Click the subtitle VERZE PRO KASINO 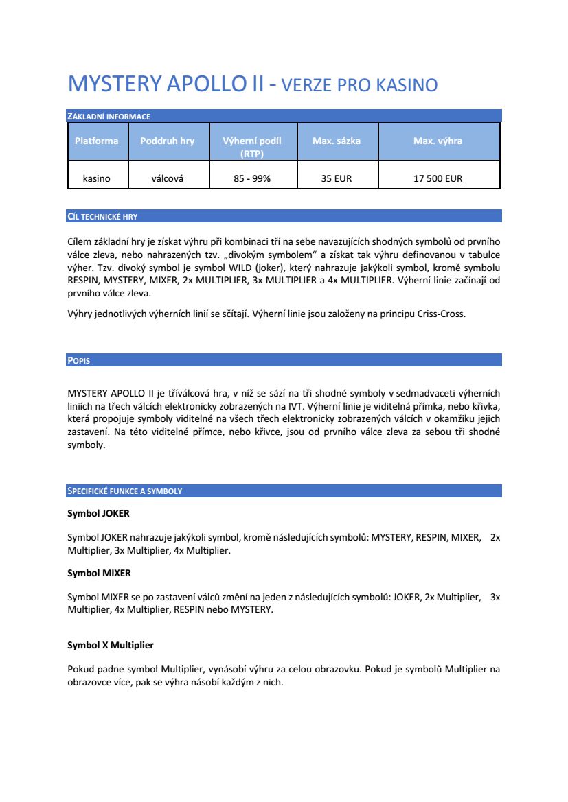click(x=360, y=85)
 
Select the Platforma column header click(x=96, y=141)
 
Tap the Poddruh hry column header click(x=167, y=141)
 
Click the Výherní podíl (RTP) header click(x=252, y=147)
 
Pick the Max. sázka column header click(x=337, y=141)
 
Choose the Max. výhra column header click(x=438, y=141)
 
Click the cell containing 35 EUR click(x=337, y=178)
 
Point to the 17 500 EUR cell click(x=438, y=178)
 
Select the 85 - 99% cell click(x=252, y=178)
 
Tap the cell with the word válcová click(x=167, y=178)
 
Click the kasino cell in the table click(x=96, y=178)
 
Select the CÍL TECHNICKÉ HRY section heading click(x=102, y=216)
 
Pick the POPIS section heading click(x=79, y=360)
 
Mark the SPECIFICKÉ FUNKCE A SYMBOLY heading click(x=124, y=491)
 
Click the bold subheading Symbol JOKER click(x=98, y=513)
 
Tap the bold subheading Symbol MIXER click(x=99, y=572)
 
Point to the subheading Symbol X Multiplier click(x=110, y=645)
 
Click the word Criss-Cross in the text click(x=442, y=315)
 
